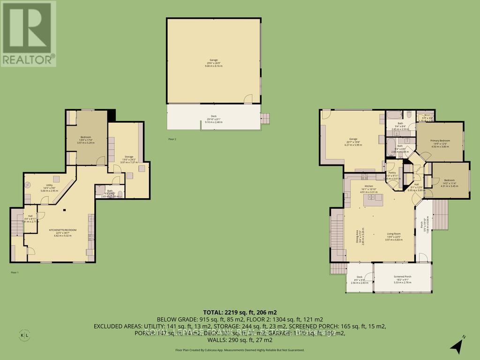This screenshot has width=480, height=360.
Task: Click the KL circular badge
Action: point(27,336)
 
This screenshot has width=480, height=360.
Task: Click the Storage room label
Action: point(128,158)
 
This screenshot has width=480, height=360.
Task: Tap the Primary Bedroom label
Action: point(440,142)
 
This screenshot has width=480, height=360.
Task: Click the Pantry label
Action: point(392,174)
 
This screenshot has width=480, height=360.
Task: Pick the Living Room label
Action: point(393,235)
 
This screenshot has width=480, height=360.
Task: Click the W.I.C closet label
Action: point(427,117)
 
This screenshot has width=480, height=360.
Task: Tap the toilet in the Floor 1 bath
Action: point(120,193)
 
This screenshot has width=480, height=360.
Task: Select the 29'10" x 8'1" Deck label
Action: point(214,119)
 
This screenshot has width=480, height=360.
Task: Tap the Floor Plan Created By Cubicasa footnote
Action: point(240,350)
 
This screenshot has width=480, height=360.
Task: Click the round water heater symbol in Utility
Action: point(28,184)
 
